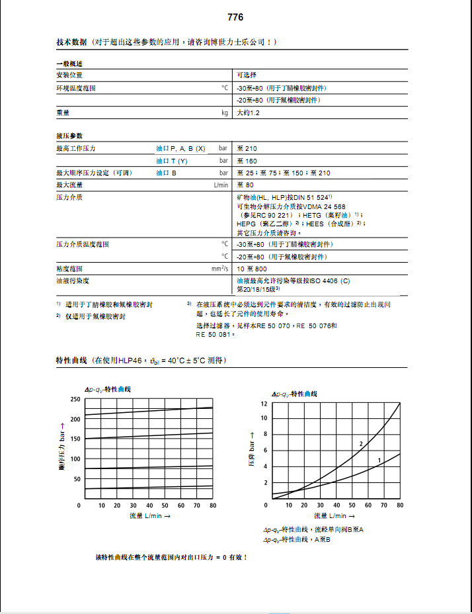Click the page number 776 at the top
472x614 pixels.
[x=235, y=17]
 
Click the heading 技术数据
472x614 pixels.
[x=71, y=42]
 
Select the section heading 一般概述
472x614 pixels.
[x=69, y=64]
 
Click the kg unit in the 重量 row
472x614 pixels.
[x=224, y=113]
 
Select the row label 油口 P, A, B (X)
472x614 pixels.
[x=180, y=149]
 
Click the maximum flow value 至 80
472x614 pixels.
[x=245, y=185]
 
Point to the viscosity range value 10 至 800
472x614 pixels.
[x=252, y=269]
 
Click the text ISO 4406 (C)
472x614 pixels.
[x=328, y=281]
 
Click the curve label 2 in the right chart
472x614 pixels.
[x=361, y=443]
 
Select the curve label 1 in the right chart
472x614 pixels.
[x=379, y=459]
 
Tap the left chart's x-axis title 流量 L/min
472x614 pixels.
[x=149, y=515]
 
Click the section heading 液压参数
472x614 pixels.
[x=69, y=136]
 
